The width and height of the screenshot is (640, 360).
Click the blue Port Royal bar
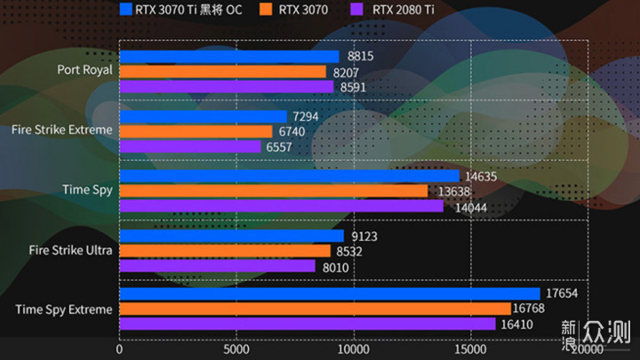pos(228,57)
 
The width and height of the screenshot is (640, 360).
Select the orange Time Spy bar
pos(273,191)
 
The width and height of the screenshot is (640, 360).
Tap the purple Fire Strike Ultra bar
pos(217,266)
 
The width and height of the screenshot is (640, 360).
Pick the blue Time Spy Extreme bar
pos(329,294)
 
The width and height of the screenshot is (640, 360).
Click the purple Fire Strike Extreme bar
pos(190,147)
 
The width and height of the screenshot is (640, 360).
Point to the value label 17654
pos(564,294)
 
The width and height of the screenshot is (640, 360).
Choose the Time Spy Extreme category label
pos(64,309)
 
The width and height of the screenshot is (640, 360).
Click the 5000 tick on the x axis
pos(236,349)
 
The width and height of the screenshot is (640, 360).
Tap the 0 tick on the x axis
pos(120,349)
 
